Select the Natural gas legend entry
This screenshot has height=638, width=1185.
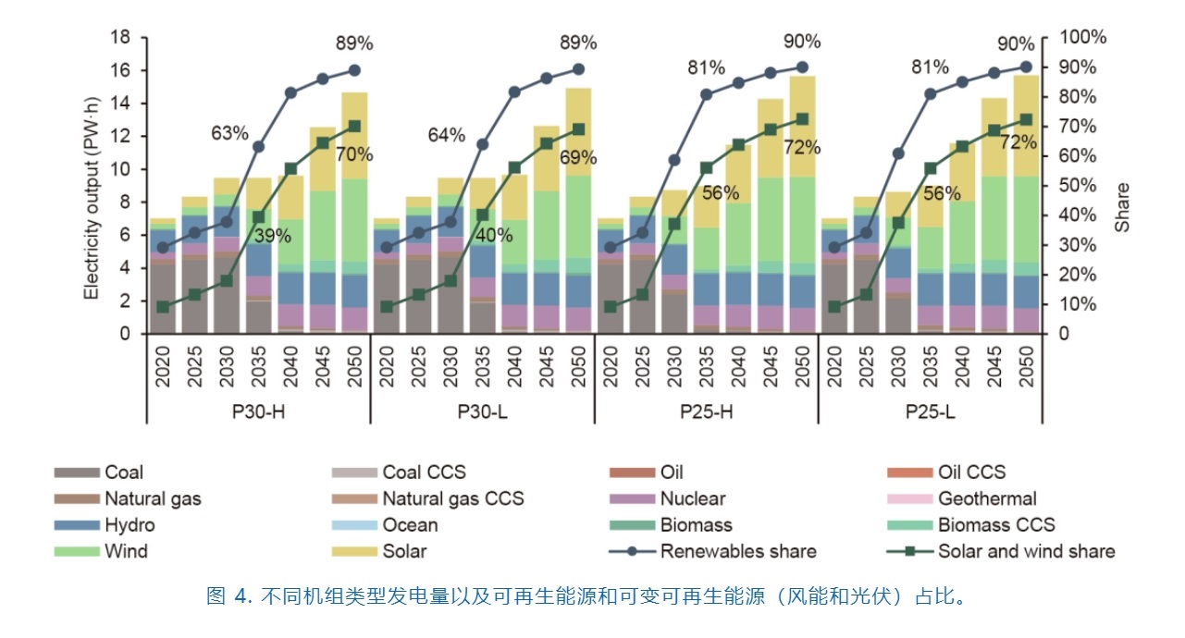point(153,498)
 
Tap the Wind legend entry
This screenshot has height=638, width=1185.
point(126,551)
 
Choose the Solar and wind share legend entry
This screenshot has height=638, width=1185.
point(1026,551)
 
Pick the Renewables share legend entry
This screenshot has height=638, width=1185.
point(737,551)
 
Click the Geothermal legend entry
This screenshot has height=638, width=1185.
point(987,498)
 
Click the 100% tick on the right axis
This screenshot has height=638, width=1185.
point(1079,38)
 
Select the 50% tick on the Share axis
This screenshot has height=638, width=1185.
point(1074,186)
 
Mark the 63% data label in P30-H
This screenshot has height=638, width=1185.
point(229,133)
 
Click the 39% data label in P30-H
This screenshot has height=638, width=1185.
point(273,236)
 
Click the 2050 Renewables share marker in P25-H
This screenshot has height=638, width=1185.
point(802,67)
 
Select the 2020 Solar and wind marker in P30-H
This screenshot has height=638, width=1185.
point(164,307)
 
